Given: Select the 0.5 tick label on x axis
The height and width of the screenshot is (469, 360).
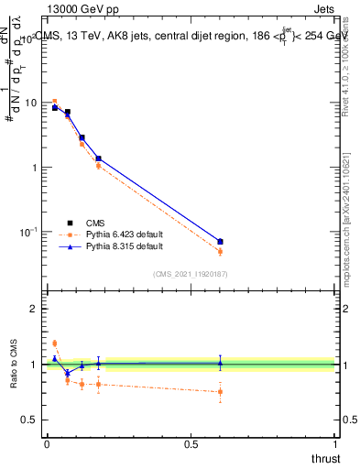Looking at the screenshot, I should tap(191, 444).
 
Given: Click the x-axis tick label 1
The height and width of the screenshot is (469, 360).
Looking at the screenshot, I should tap(335, 444).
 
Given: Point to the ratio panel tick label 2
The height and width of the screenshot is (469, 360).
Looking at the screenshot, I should tap(34, 309).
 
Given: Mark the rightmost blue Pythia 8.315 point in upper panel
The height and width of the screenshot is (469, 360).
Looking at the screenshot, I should tap(220, 242).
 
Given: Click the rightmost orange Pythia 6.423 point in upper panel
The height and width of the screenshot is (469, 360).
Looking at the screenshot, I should tap(220, 251).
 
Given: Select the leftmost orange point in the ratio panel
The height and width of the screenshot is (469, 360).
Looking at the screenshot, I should tap(54, 344).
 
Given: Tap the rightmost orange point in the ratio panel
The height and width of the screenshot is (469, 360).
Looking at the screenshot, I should tap(220, 392).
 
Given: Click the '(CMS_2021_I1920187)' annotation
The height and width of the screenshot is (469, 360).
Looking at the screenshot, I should tap(190, 274).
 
